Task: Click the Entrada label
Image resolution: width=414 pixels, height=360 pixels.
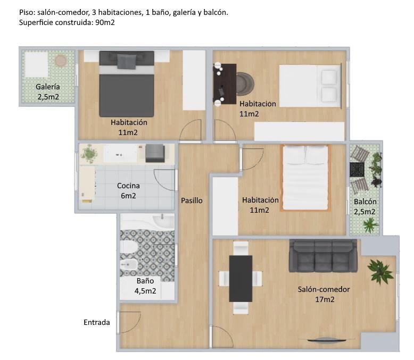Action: [97, 322]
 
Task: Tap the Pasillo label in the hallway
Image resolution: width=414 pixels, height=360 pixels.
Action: [192, 200]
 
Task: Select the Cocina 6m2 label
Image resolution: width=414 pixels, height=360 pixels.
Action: [128, 190]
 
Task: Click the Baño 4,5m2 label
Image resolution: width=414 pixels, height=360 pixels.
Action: [145, 286]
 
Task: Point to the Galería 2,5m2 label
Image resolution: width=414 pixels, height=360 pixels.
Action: [48, 91]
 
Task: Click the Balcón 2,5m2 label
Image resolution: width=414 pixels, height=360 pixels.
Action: [365, 207]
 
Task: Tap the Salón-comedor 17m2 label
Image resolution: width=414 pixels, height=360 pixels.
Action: [324, 294]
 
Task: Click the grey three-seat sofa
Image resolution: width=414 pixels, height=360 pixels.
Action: [323, 255]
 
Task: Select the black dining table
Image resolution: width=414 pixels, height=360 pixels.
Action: [241, 279]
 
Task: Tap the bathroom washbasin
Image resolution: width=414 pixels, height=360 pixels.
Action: [163, 220]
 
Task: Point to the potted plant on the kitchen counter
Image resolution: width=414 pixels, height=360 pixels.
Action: [89, 154]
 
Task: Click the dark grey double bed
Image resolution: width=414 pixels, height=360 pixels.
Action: [127, 84]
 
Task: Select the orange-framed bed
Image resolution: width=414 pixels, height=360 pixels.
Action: [305, 178]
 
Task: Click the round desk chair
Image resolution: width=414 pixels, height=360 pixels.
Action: [244, 84]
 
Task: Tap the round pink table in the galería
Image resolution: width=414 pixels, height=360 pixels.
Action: [61, 61]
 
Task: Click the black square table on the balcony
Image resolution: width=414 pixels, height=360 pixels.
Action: [357, 170]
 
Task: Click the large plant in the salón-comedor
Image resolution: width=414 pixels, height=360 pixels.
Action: [380, 272]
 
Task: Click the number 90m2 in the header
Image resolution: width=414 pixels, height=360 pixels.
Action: [105, 22]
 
